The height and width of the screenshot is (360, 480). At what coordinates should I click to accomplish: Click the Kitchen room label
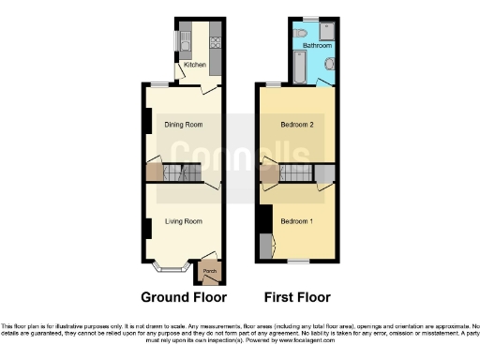195,65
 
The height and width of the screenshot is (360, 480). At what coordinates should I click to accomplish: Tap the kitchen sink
185,39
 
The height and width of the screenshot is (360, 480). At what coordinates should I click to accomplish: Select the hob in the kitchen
215,40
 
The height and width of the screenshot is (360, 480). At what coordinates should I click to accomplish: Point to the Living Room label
184,221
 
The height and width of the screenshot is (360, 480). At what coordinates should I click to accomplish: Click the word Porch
209,273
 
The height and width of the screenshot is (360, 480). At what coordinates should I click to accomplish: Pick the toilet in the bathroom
299,34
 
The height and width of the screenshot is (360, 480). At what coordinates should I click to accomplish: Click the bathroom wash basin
330,64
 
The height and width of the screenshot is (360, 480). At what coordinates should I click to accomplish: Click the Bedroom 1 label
298,221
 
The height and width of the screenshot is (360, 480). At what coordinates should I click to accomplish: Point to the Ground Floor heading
184,297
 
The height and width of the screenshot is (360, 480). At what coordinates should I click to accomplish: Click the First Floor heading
297,297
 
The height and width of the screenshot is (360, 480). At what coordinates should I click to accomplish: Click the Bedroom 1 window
298,261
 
